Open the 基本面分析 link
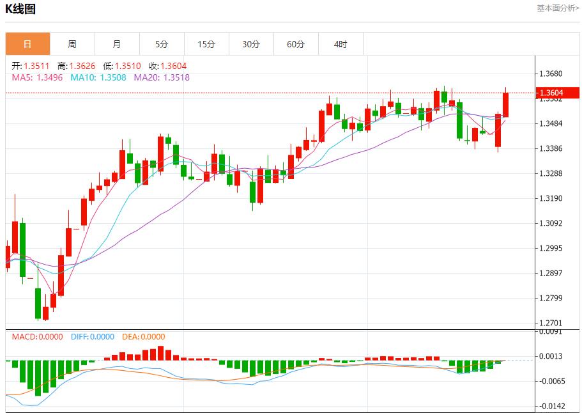click(x=558, y=8)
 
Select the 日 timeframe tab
click(x=27, y=44)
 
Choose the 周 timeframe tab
click(x=72, y=44)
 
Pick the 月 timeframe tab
click(x=117, y=44)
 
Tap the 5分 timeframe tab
click(x=162, y=44)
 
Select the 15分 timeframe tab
click(x=206, y=44)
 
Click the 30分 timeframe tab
click(x=251, y=44)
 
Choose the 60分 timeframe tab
click(x=296, y=44)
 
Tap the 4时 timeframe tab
click(x=341, y=44)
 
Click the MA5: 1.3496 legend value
click(x=37, y=77)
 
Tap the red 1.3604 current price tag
click(x=560, y=93)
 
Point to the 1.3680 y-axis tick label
click(x=550, y=74)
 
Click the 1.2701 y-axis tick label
click(x=550, y=323)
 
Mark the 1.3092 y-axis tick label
click(x=550, y=223)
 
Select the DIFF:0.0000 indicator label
click(x=93, y=337)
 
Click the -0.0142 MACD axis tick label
click(x=550, y=406)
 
